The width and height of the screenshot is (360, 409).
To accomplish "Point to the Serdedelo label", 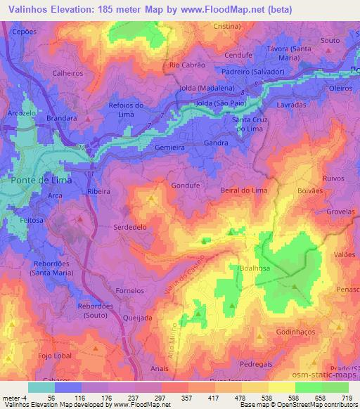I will [130, 228].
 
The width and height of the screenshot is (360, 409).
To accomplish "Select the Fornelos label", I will [129, 289].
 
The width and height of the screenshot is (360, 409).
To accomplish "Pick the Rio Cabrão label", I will [186, 65].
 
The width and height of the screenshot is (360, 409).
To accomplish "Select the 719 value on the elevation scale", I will [348, 398].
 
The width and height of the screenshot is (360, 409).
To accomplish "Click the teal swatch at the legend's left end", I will [41, 387].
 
